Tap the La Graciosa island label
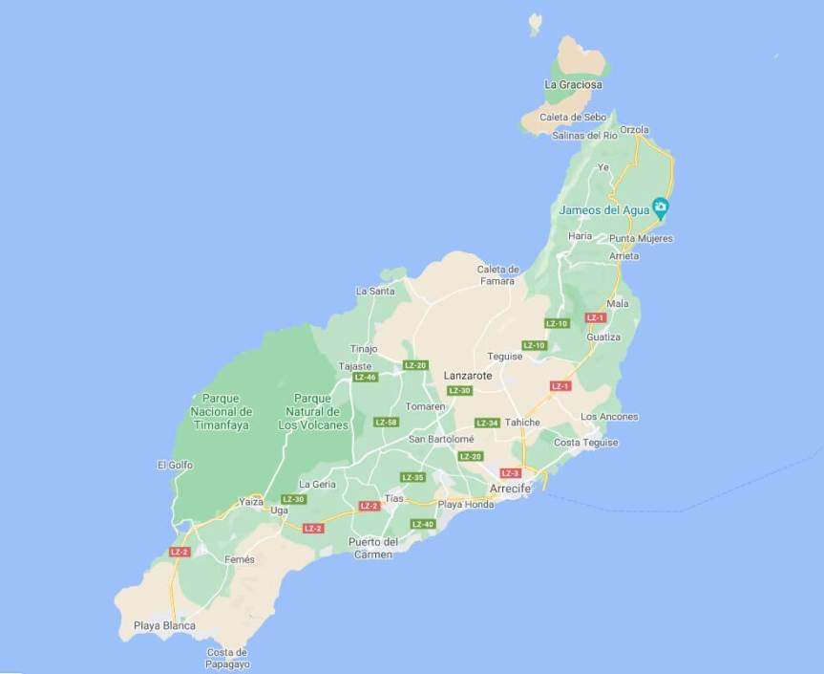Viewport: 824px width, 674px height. pyautogui.click(x=573, y=85)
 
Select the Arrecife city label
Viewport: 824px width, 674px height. pyautogui.click(x=510, y=489)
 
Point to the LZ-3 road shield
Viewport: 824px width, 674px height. pyautogui.click(x=510, y=473)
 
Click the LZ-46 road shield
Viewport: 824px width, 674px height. pyautogui.click(x=365, y=378)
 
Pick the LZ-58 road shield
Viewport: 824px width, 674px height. pyautogui.click(x=386, y=422)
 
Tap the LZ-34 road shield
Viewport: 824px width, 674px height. pyautogui.click(x=487, y=423)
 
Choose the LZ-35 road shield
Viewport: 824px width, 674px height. pyautogui.click(x=412, y=477)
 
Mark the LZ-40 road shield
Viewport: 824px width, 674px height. pyautogui.click(x=422, y=524)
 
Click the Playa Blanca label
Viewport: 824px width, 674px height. pyautogui.click(x=164, y=626)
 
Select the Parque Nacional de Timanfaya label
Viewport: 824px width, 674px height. pyautogui.click(x=221, y=411)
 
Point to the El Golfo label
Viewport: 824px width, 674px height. pyautogui.click(x=175, y=465)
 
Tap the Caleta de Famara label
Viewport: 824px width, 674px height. pyautogui.click(x=497, y=275)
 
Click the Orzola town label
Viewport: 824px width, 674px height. pyautogui.click(x=634, y=130)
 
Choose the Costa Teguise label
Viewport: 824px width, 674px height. pyautogui.click(x=586, y=443)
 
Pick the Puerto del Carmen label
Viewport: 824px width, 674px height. pyautogui.click(x=373, y=548)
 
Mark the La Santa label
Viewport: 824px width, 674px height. pyautogui.click(x=374, y=291)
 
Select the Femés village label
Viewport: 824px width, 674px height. pyautogui.click(x=240, y=559)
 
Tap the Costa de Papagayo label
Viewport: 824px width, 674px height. pyautogui.click(x=228, y=658)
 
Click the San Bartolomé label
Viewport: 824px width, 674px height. pyautogui.click(x=441, y=439)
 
